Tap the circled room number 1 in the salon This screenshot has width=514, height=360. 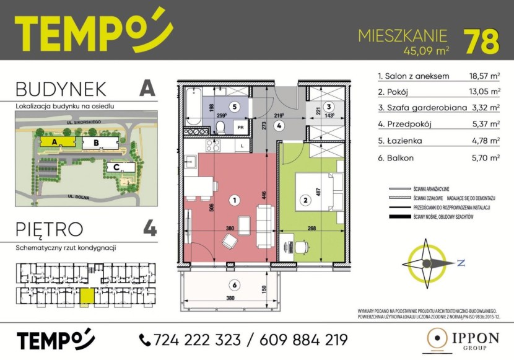(x=234, y=200)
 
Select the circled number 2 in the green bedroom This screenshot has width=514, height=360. (x=305, y=200)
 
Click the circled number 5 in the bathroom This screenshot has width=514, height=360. (x=230, y=105)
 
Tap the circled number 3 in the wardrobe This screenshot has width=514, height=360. (x=329, y=105)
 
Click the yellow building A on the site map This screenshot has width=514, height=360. (x=56, y=142)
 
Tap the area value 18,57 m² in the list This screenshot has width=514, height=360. (x=485, y=76)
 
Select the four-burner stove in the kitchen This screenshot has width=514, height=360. (x=213, y=146)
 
